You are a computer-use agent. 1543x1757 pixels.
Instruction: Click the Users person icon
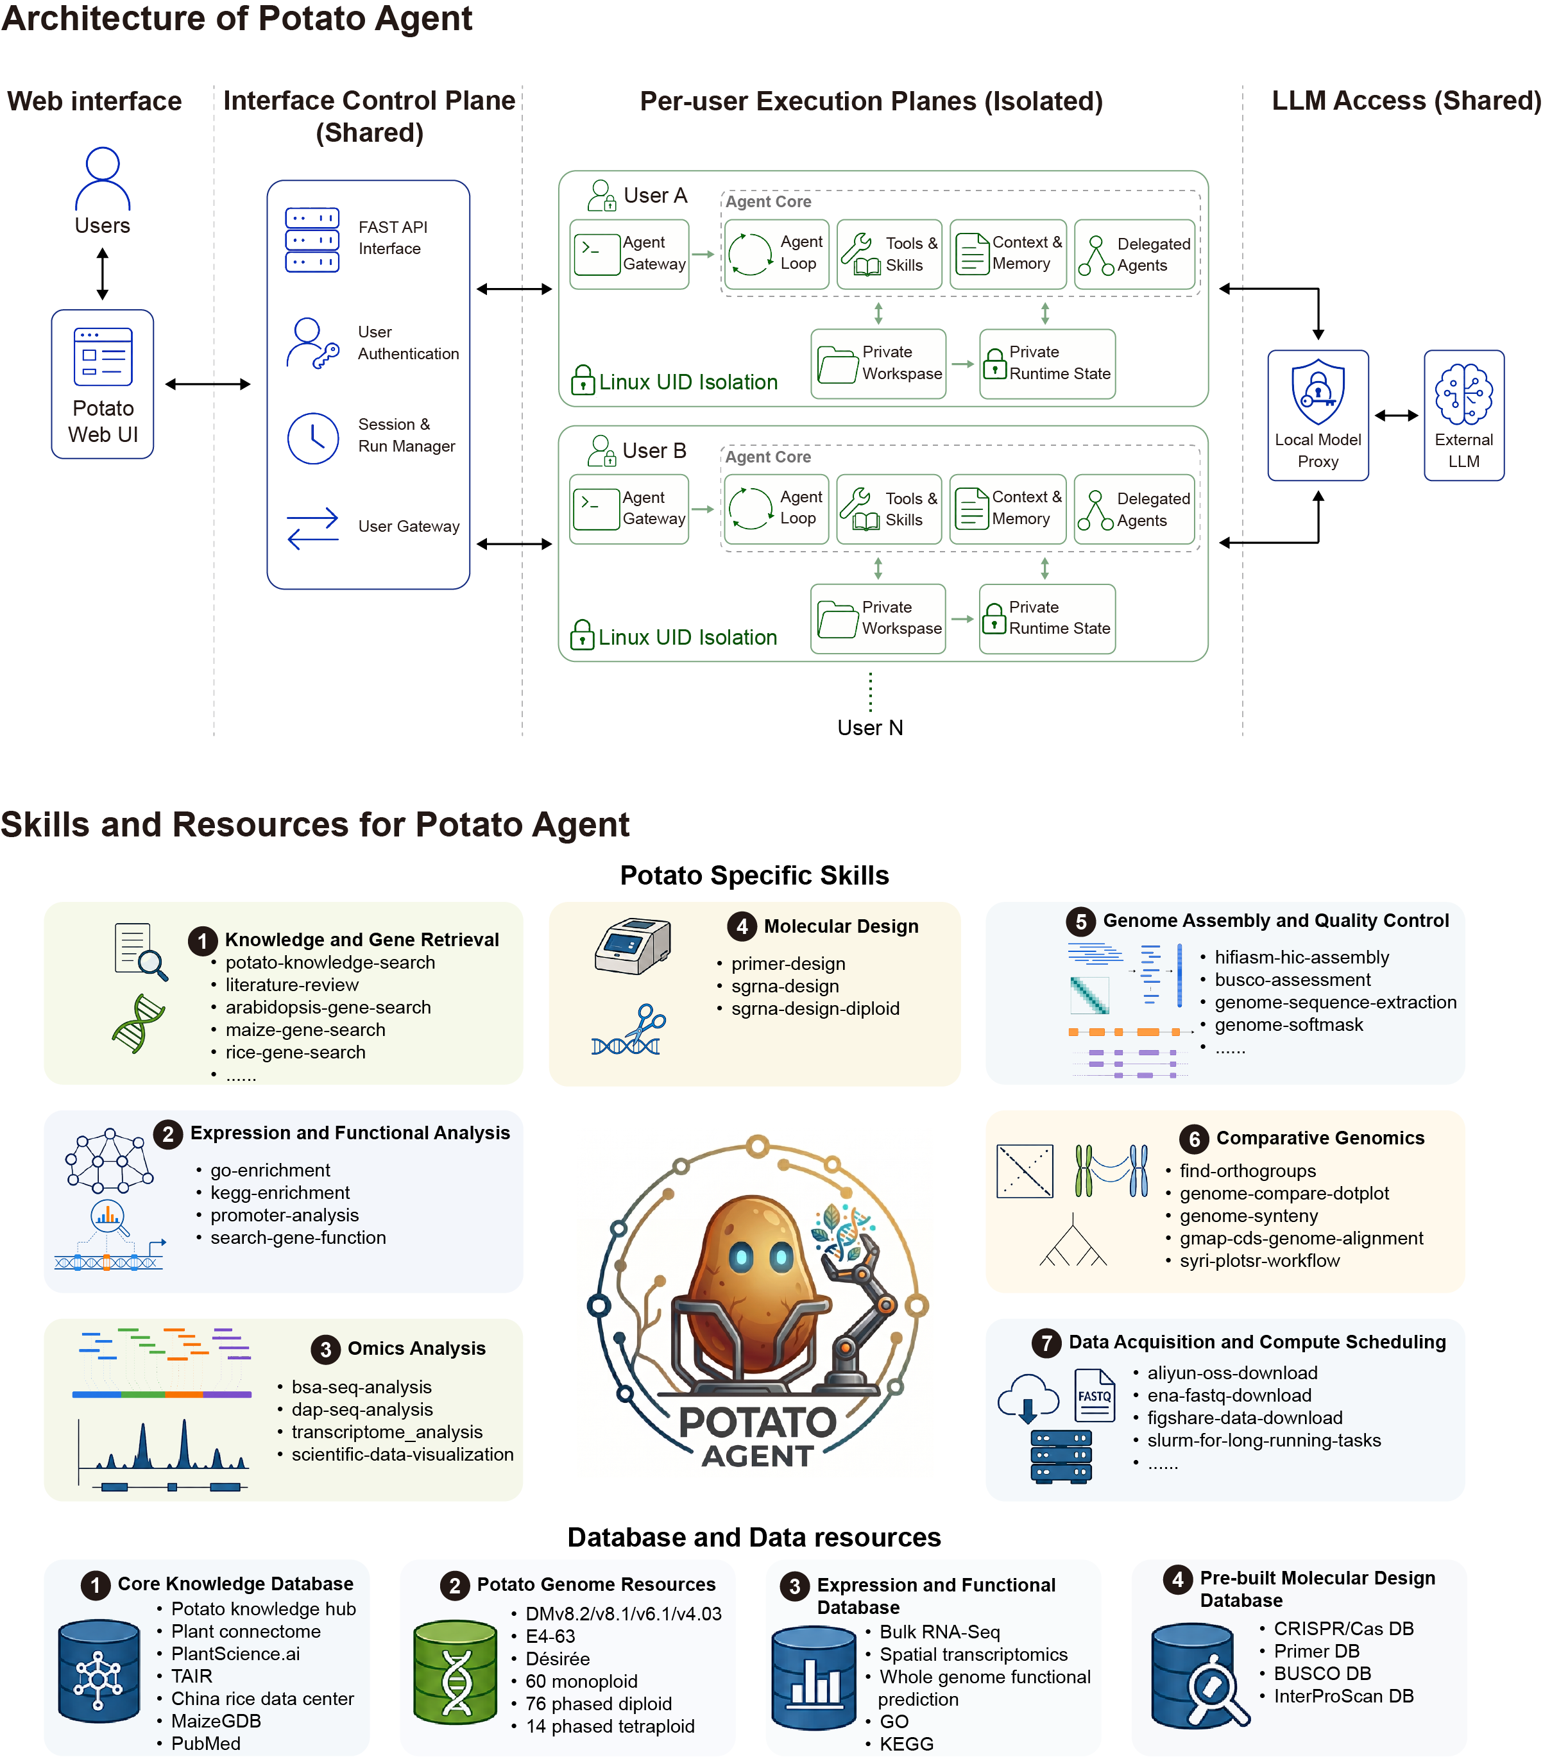pos(102,179)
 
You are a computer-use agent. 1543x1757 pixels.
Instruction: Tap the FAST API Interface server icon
pos(312,240)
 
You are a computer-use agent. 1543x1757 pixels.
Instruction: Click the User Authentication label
pos(408,343)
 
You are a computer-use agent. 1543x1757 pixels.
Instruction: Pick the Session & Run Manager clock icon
pos(313,438)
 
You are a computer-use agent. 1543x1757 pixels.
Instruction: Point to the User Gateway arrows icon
pos(313,528)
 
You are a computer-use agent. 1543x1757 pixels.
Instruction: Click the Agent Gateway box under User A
pos(629,255)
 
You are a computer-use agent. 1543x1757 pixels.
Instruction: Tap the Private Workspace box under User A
pos(878,364)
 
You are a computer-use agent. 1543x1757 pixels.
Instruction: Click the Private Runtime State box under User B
pos(1048,619)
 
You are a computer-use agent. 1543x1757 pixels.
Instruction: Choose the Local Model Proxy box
pos(1318,415)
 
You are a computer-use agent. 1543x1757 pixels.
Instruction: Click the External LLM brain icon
pos(1464,395)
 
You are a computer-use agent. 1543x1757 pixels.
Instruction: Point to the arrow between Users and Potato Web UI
pos(102,273)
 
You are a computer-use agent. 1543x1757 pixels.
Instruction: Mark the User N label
pos(870,728)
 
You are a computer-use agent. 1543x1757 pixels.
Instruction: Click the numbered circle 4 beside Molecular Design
pos(742,926)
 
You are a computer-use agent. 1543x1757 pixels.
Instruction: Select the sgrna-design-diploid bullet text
pos(815,1008)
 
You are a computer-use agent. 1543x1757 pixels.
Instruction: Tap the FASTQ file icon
pos(1095,1396)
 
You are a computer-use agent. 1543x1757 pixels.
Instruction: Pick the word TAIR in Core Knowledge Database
pos(192,1676)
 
